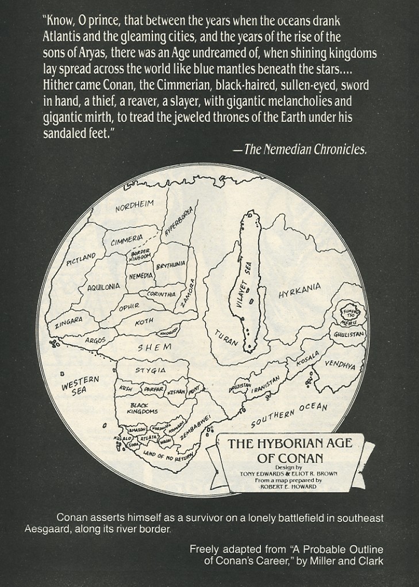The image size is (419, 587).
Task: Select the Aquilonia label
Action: coord(104,286)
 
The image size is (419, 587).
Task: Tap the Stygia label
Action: coord(150,370)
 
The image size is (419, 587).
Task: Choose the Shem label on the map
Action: coord(155,347)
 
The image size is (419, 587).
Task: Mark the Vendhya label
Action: coord(340,365)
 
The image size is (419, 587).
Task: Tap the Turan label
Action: coord(226,337)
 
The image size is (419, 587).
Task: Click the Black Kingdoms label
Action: coord(144,409)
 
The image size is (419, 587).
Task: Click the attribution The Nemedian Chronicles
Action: coord(305,150)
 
